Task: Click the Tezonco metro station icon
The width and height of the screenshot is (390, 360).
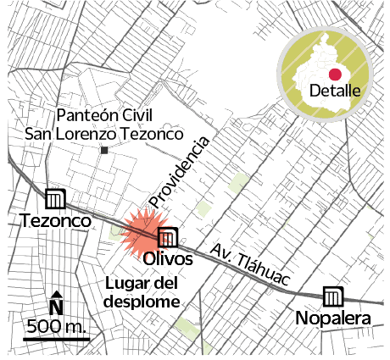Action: (55, 198)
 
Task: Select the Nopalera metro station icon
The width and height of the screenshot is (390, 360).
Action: (332, 297)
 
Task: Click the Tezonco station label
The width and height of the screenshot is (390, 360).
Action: (55, 221)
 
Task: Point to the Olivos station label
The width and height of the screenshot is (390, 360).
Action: (167, 258)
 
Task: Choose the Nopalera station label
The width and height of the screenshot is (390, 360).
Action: (333, 318)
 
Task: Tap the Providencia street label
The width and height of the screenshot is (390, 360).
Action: (179, 173)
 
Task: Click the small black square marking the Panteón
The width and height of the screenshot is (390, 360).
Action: (103, 150)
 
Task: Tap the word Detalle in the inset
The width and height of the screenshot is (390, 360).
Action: (335, 91)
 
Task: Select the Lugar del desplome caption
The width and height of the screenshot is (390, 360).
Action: (142, 292)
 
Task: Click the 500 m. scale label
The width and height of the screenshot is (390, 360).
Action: (57, 326)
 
